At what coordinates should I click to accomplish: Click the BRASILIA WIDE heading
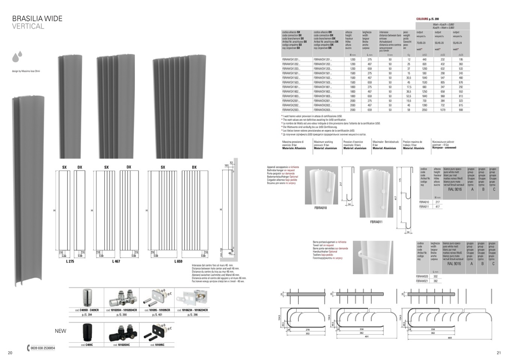point(37,18)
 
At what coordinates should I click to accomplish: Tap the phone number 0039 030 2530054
point(42,348)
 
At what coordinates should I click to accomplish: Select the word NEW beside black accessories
point(60,331)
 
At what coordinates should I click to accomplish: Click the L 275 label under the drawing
point(70,261)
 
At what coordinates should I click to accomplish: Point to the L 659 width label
point(178,261)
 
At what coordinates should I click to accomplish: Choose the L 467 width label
point(116,261)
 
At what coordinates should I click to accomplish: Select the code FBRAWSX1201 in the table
point(291,60)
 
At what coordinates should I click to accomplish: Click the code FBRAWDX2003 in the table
point(323,110)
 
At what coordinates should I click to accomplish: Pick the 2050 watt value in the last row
point(424,110)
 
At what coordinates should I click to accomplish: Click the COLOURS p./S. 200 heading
point(428,19)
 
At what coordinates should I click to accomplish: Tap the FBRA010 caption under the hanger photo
point(321,208)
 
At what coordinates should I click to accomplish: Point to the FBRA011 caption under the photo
point(376,222)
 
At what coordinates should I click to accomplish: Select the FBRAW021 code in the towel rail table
point(422,281)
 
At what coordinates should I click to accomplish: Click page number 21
point(498,352)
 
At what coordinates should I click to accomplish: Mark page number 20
point(10,352)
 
